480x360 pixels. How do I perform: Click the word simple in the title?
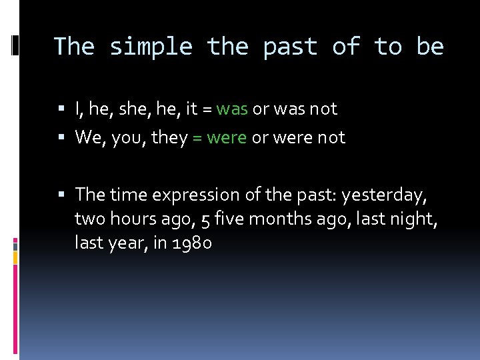[x=151, y=47]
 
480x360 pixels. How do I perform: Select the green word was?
[x=232, y=109]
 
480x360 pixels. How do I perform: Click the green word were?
[x=227, y=138]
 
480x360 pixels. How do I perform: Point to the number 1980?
[x=192, y=244]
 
